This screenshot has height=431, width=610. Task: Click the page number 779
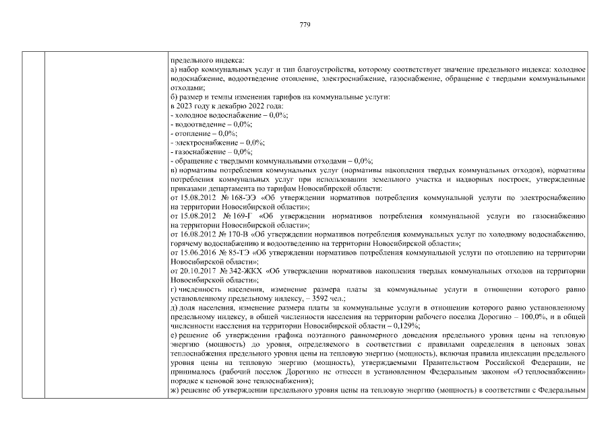click(304, 24)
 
